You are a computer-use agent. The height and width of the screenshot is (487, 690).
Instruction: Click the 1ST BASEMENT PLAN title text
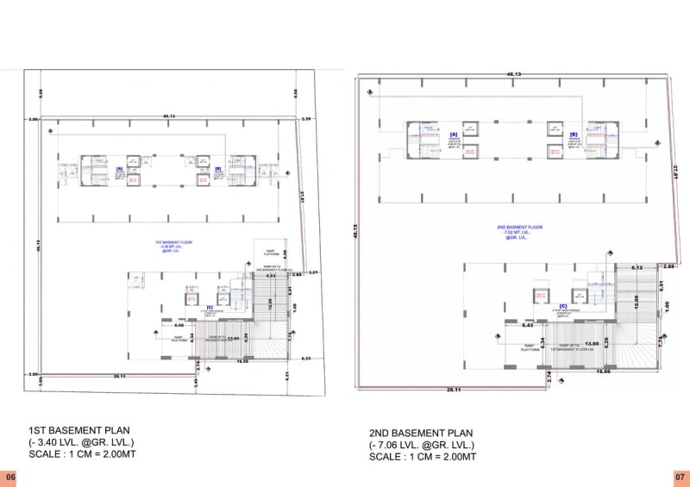[79, 429]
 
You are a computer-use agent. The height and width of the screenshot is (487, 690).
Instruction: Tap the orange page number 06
[9, 477]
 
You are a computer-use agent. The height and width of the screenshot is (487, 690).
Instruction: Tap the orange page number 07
[680, 477]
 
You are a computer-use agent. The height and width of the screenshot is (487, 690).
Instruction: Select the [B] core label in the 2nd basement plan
[573, 134]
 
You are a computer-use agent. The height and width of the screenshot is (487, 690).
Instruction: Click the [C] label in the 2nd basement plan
[561, 306]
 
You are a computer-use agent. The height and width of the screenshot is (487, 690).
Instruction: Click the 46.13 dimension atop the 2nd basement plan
[513, 76]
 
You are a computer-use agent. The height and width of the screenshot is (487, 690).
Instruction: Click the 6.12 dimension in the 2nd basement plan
[637, 267]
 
